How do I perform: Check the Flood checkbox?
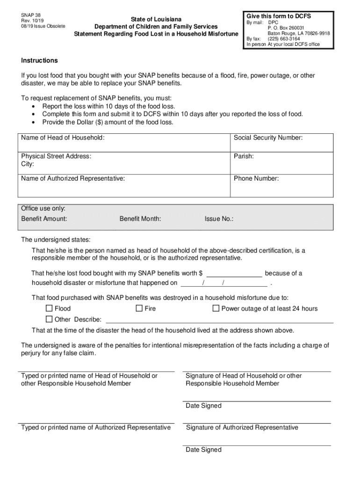pyautogui.click(x=49, y=308)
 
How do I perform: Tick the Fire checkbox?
pyautogui.click(x=139, y=308)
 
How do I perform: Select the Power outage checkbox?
pyautogui.click(x=216, y=308)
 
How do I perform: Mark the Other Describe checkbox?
pyautogui.click(x=49, y=319)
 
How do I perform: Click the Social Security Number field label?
pyautogui.click(x=268, y=138)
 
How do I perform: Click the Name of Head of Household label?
pyautogui.click(x=63, y=138)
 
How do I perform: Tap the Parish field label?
pyautogui.click(x=244, y=156)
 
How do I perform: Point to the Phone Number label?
pyautogui.click(x=256, y=178)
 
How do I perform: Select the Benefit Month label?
pyautogui.click(x=140, y=218)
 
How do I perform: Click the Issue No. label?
pyautogui.click(x=219, y=218)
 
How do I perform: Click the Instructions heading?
pyautogui.click(x=39, y=60)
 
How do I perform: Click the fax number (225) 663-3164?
pyautogui.click(x=284, y=39)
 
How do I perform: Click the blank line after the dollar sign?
pyautogui.click(x=234, y=274)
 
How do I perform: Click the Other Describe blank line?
pyautogui.click(x=220, y=319)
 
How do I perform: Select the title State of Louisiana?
pyautogui.click(x=156, y=19)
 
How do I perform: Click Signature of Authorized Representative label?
pyautogui.click(x=242, y=427)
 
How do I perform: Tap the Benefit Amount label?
pyautogui.click(x=44, y=218)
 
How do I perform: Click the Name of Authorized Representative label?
pyautogui.click(x=73, y=178)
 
